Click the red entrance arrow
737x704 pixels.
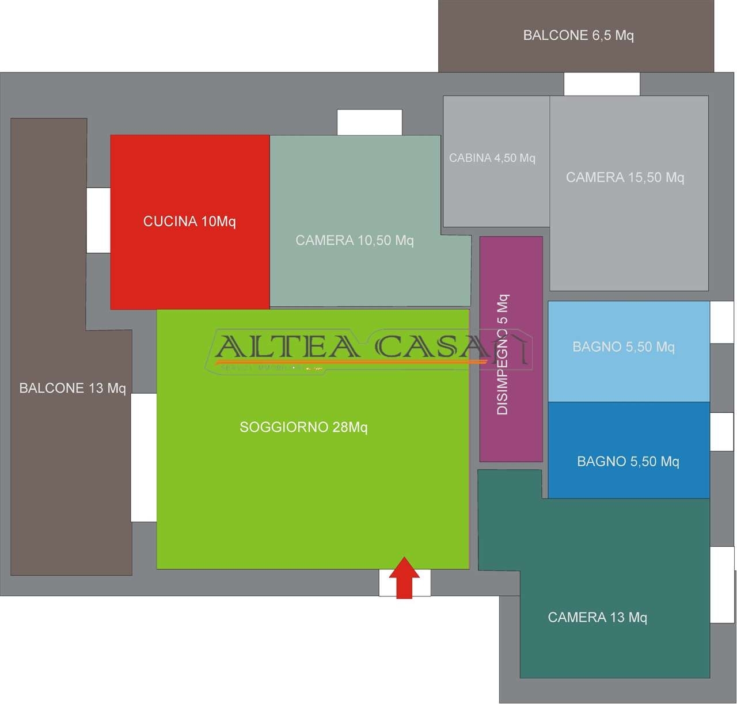pyautogui.click(x=404, y=578)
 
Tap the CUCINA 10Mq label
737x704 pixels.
pyautogui.click(x=189, y=222)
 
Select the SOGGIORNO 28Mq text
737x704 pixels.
pyautogui.click(x=303, y=427)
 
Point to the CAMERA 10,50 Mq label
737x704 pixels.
pyautogui.click(x=355, y=241)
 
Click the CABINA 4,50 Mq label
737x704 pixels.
pyautogui.click(x=492, y=158)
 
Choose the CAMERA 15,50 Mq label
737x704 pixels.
pyautogui.click(x=625, y=177)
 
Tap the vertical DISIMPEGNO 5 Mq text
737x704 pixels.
pyautogui.click(x=503, y=355)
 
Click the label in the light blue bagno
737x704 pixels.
pyautogui.click(x=624, y=347)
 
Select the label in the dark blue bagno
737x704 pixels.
pyautogui.click(x=628, y=462)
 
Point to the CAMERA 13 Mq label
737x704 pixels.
pyautogui.click(x=597, y=618)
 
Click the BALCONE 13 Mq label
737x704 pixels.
pyautogui.click(x=73, y=389)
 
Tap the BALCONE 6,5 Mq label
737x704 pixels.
pyautogui.click(x=578, y=36)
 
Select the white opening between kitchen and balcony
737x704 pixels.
pyautogui.click(x=98, y=220)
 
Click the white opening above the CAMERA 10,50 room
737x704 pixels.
pyautogui.click(x=369, y=122)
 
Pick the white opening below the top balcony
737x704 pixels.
pyautogui.click(x=602, y=84)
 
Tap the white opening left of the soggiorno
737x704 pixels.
pyautogui.click(x=143, y=458)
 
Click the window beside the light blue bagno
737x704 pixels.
pyautogui.click(x=722, y=322)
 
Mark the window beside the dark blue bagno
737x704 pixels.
pyautogui.click(x=722, y=432)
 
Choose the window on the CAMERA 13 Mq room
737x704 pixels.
pyautogui.click(x=722, y=584)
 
